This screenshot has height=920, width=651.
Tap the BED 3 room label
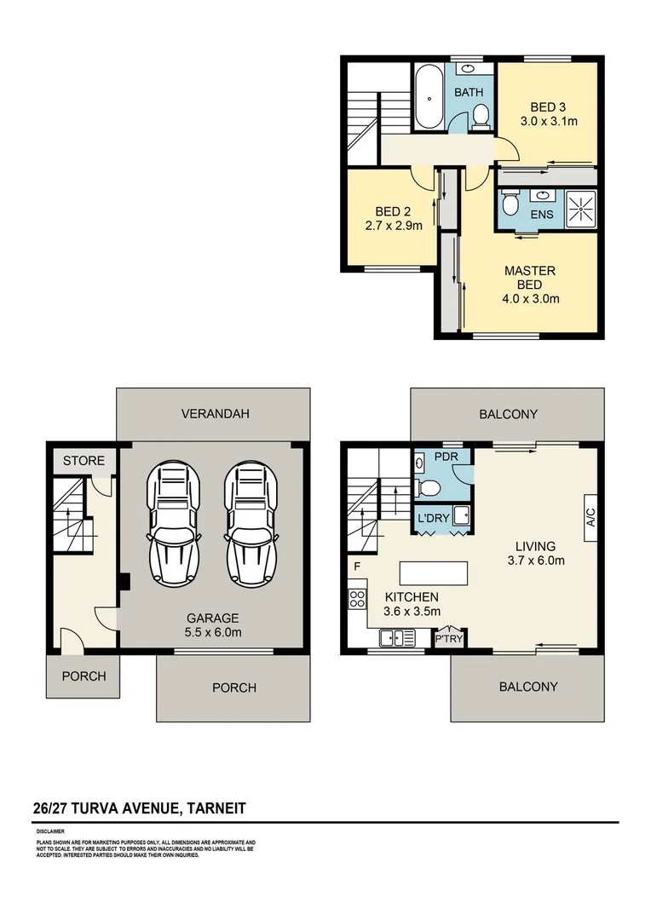[548, 106]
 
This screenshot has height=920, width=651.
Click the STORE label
[84, 461]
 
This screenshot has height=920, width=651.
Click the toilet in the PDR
[429, 486]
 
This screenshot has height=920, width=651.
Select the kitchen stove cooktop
[357, 599]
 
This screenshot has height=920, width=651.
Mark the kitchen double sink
[397, 637]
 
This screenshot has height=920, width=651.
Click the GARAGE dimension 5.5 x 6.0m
[214, 632]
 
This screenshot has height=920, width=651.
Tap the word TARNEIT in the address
[216, 808]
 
